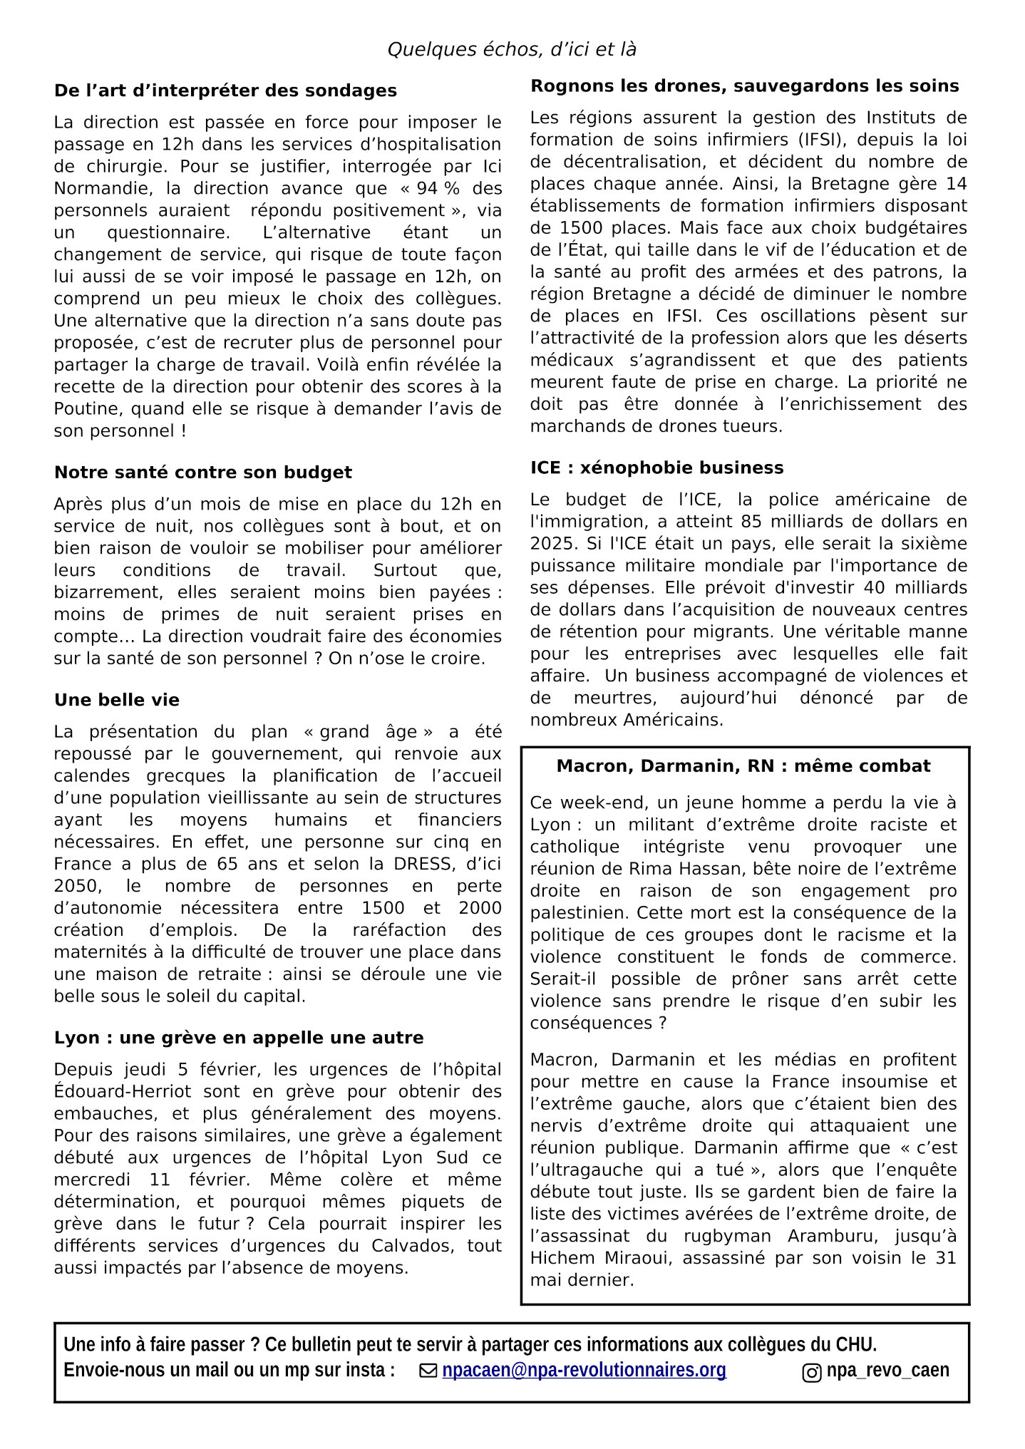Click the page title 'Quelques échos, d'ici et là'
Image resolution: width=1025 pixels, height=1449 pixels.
coord(512,50)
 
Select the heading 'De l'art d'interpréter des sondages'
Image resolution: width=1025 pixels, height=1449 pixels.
coord(225,91)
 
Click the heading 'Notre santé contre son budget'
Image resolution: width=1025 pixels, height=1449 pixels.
coord(203,473)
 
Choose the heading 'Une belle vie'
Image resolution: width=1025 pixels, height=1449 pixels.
coord(117,700)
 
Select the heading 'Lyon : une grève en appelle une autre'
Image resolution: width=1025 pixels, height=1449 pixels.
coord(239,1038)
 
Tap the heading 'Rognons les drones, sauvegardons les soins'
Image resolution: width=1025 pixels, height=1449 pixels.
coord(745,86)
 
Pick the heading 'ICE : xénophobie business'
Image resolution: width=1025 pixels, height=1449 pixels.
coord(656,468)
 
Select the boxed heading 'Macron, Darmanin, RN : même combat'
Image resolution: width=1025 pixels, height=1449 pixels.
coord(743,766)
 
